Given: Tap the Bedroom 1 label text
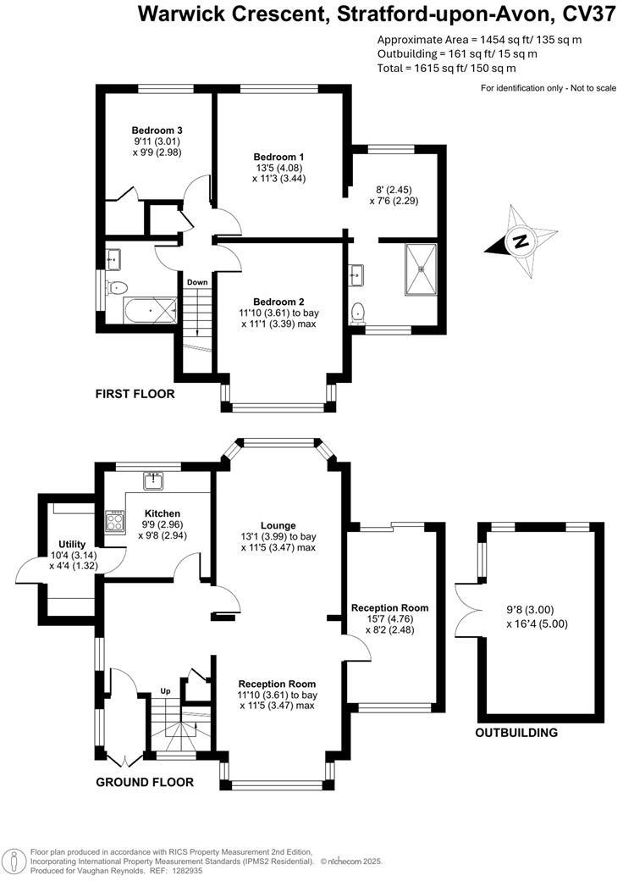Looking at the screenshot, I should [278, 157].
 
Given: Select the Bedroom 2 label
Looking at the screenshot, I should [278, 302].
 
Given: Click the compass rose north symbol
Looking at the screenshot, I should [521, 241].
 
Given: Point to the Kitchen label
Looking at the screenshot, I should [162, 513].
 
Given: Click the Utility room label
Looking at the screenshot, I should [73, 544].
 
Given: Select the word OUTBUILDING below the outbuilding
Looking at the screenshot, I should [516, 733].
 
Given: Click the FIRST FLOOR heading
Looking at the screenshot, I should [135, 394].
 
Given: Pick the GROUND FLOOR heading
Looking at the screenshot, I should [144, 782].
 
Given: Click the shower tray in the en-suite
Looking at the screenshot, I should [421, 270].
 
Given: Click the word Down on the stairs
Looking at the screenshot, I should [197, 283].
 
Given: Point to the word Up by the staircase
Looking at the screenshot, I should [166, 691].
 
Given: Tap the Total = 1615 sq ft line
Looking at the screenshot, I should [446, 67].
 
